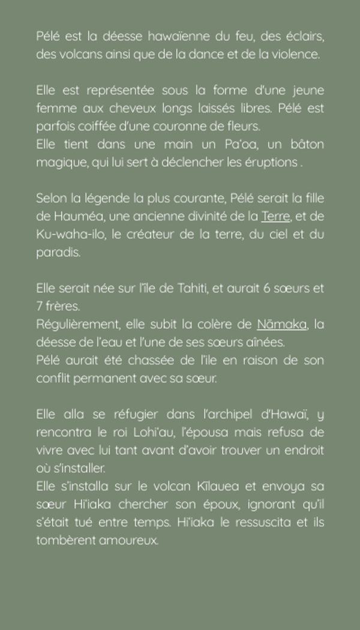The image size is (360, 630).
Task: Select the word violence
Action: click(298, 55)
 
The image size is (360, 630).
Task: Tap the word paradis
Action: click(56, 253)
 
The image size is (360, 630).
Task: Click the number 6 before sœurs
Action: click(266, 289)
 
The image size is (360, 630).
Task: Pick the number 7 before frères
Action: click(40, 307)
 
